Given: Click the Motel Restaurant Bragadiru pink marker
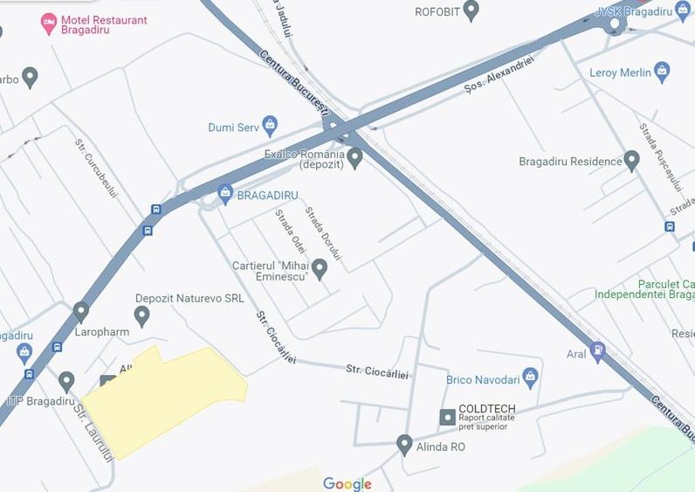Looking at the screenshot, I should [x=50, y=22].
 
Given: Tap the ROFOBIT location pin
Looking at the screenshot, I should [x=471, y=10].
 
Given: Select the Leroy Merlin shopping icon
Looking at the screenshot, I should [x=662, y=72].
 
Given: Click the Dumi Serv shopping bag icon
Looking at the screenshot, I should [x=270, y=126].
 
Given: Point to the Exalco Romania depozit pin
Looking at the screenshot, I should [x=354, y=158].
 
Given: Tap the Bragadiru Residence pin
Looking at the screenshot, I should [x=632, y=161].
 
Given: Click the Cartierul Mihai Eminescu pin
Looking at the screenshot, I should [x=320, y=268].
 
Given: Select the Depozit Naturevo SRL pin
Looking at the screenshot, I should [x=141, y=315].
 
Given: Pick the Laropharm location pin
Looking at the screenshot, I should [x=81, y=311].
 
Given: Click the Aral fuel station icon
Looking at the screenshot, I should [x=598, y=352].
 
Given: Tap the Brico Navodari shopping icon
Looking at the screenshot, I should [x=529, y=378].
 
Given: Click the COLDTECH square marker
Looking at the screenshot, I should [x=447, y=417].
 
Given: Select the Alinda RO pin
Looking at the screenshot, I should [x=404, y=445].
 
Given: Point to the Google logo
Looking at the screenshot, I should [x=347, y=484].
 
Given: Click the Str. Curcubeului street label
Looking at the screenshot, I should [x=95, y=168].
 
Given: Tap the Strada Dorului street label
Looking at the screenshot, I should [x=323, y=233].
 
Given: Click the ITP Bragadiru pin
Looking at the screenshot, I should [x=66, y=382].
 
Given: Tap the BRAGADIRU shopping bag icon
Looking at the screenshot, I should [x=225, y=193].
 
